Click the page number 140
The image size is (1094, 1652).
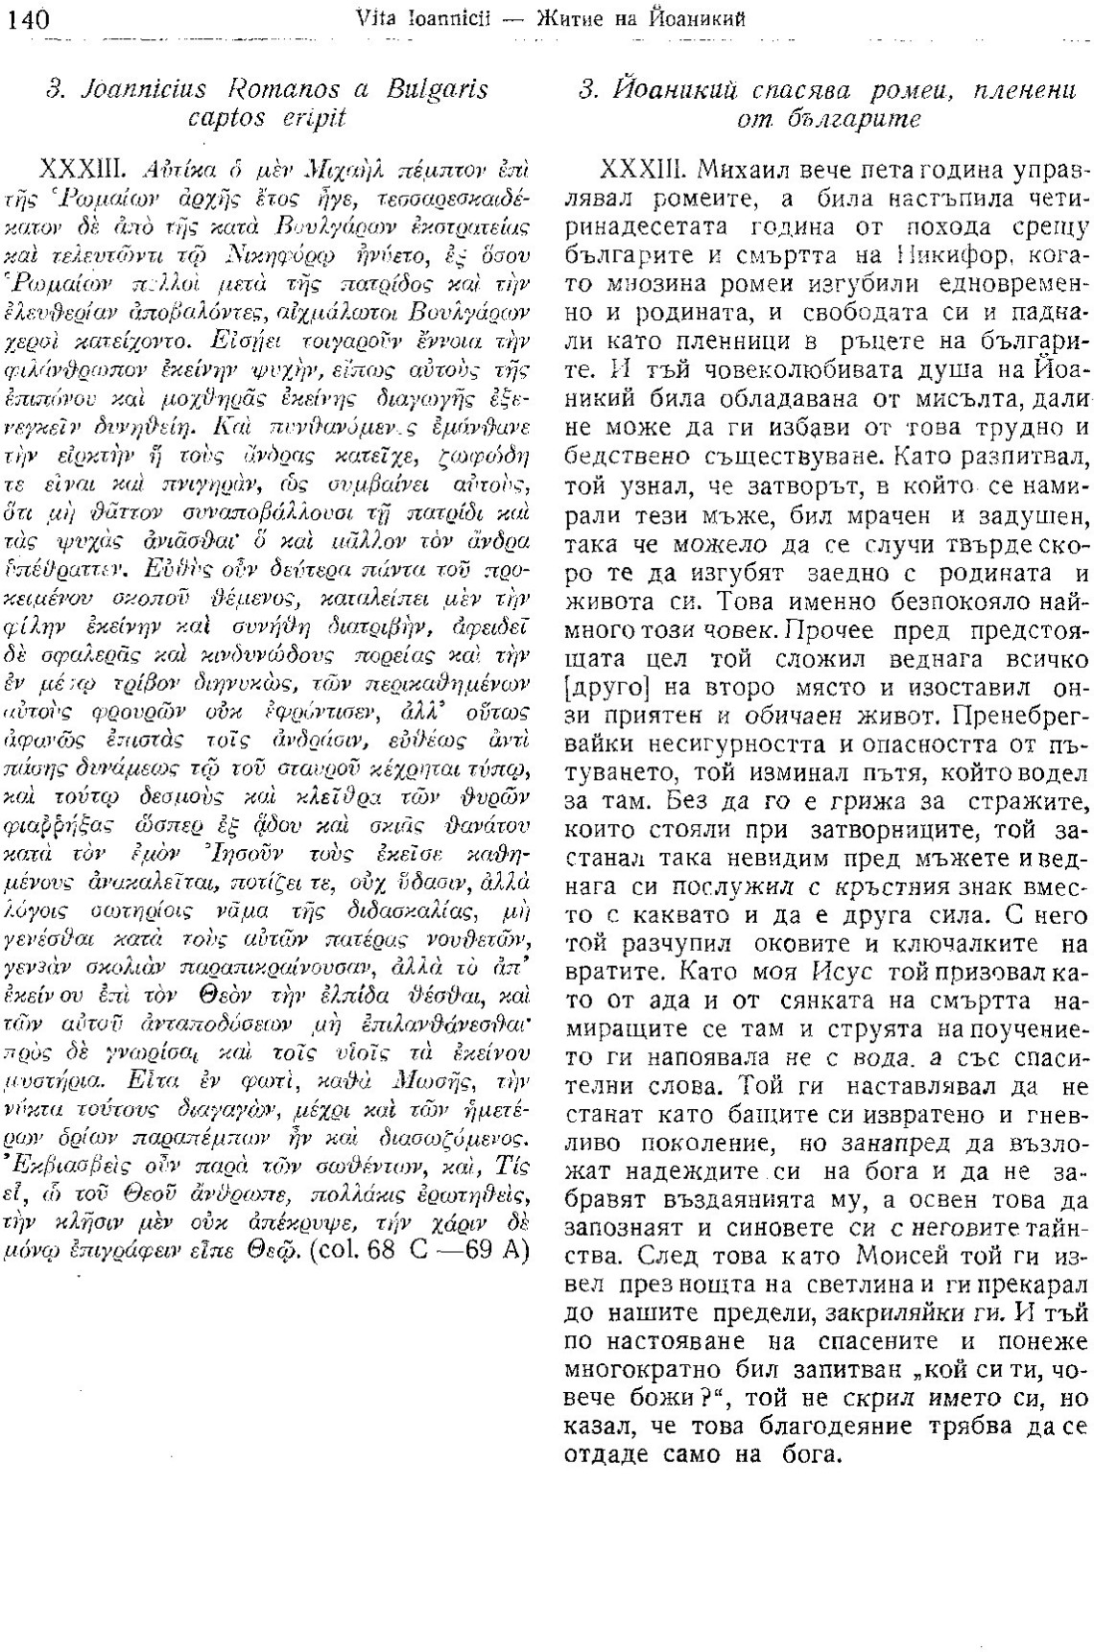pos(28,17)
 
